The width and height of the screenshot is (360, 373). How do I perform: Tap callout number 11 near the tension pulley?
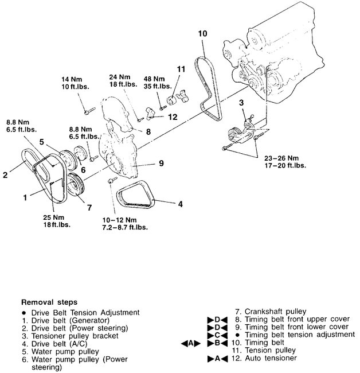[181, 69]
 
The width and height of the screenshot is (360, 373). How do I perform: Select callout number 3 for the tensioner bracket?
[242, 102]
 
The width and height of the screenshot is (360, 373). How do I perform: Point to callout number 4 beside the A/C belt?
[180, 203]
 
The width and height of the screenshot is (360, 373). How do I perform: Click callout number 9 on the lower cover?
[161, 163]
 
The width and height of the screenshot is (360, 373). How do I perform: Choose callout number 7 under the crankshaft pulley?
[89, 208]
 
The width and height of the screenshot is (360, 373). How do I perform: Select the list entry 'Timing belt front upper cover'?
[290, 320]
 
